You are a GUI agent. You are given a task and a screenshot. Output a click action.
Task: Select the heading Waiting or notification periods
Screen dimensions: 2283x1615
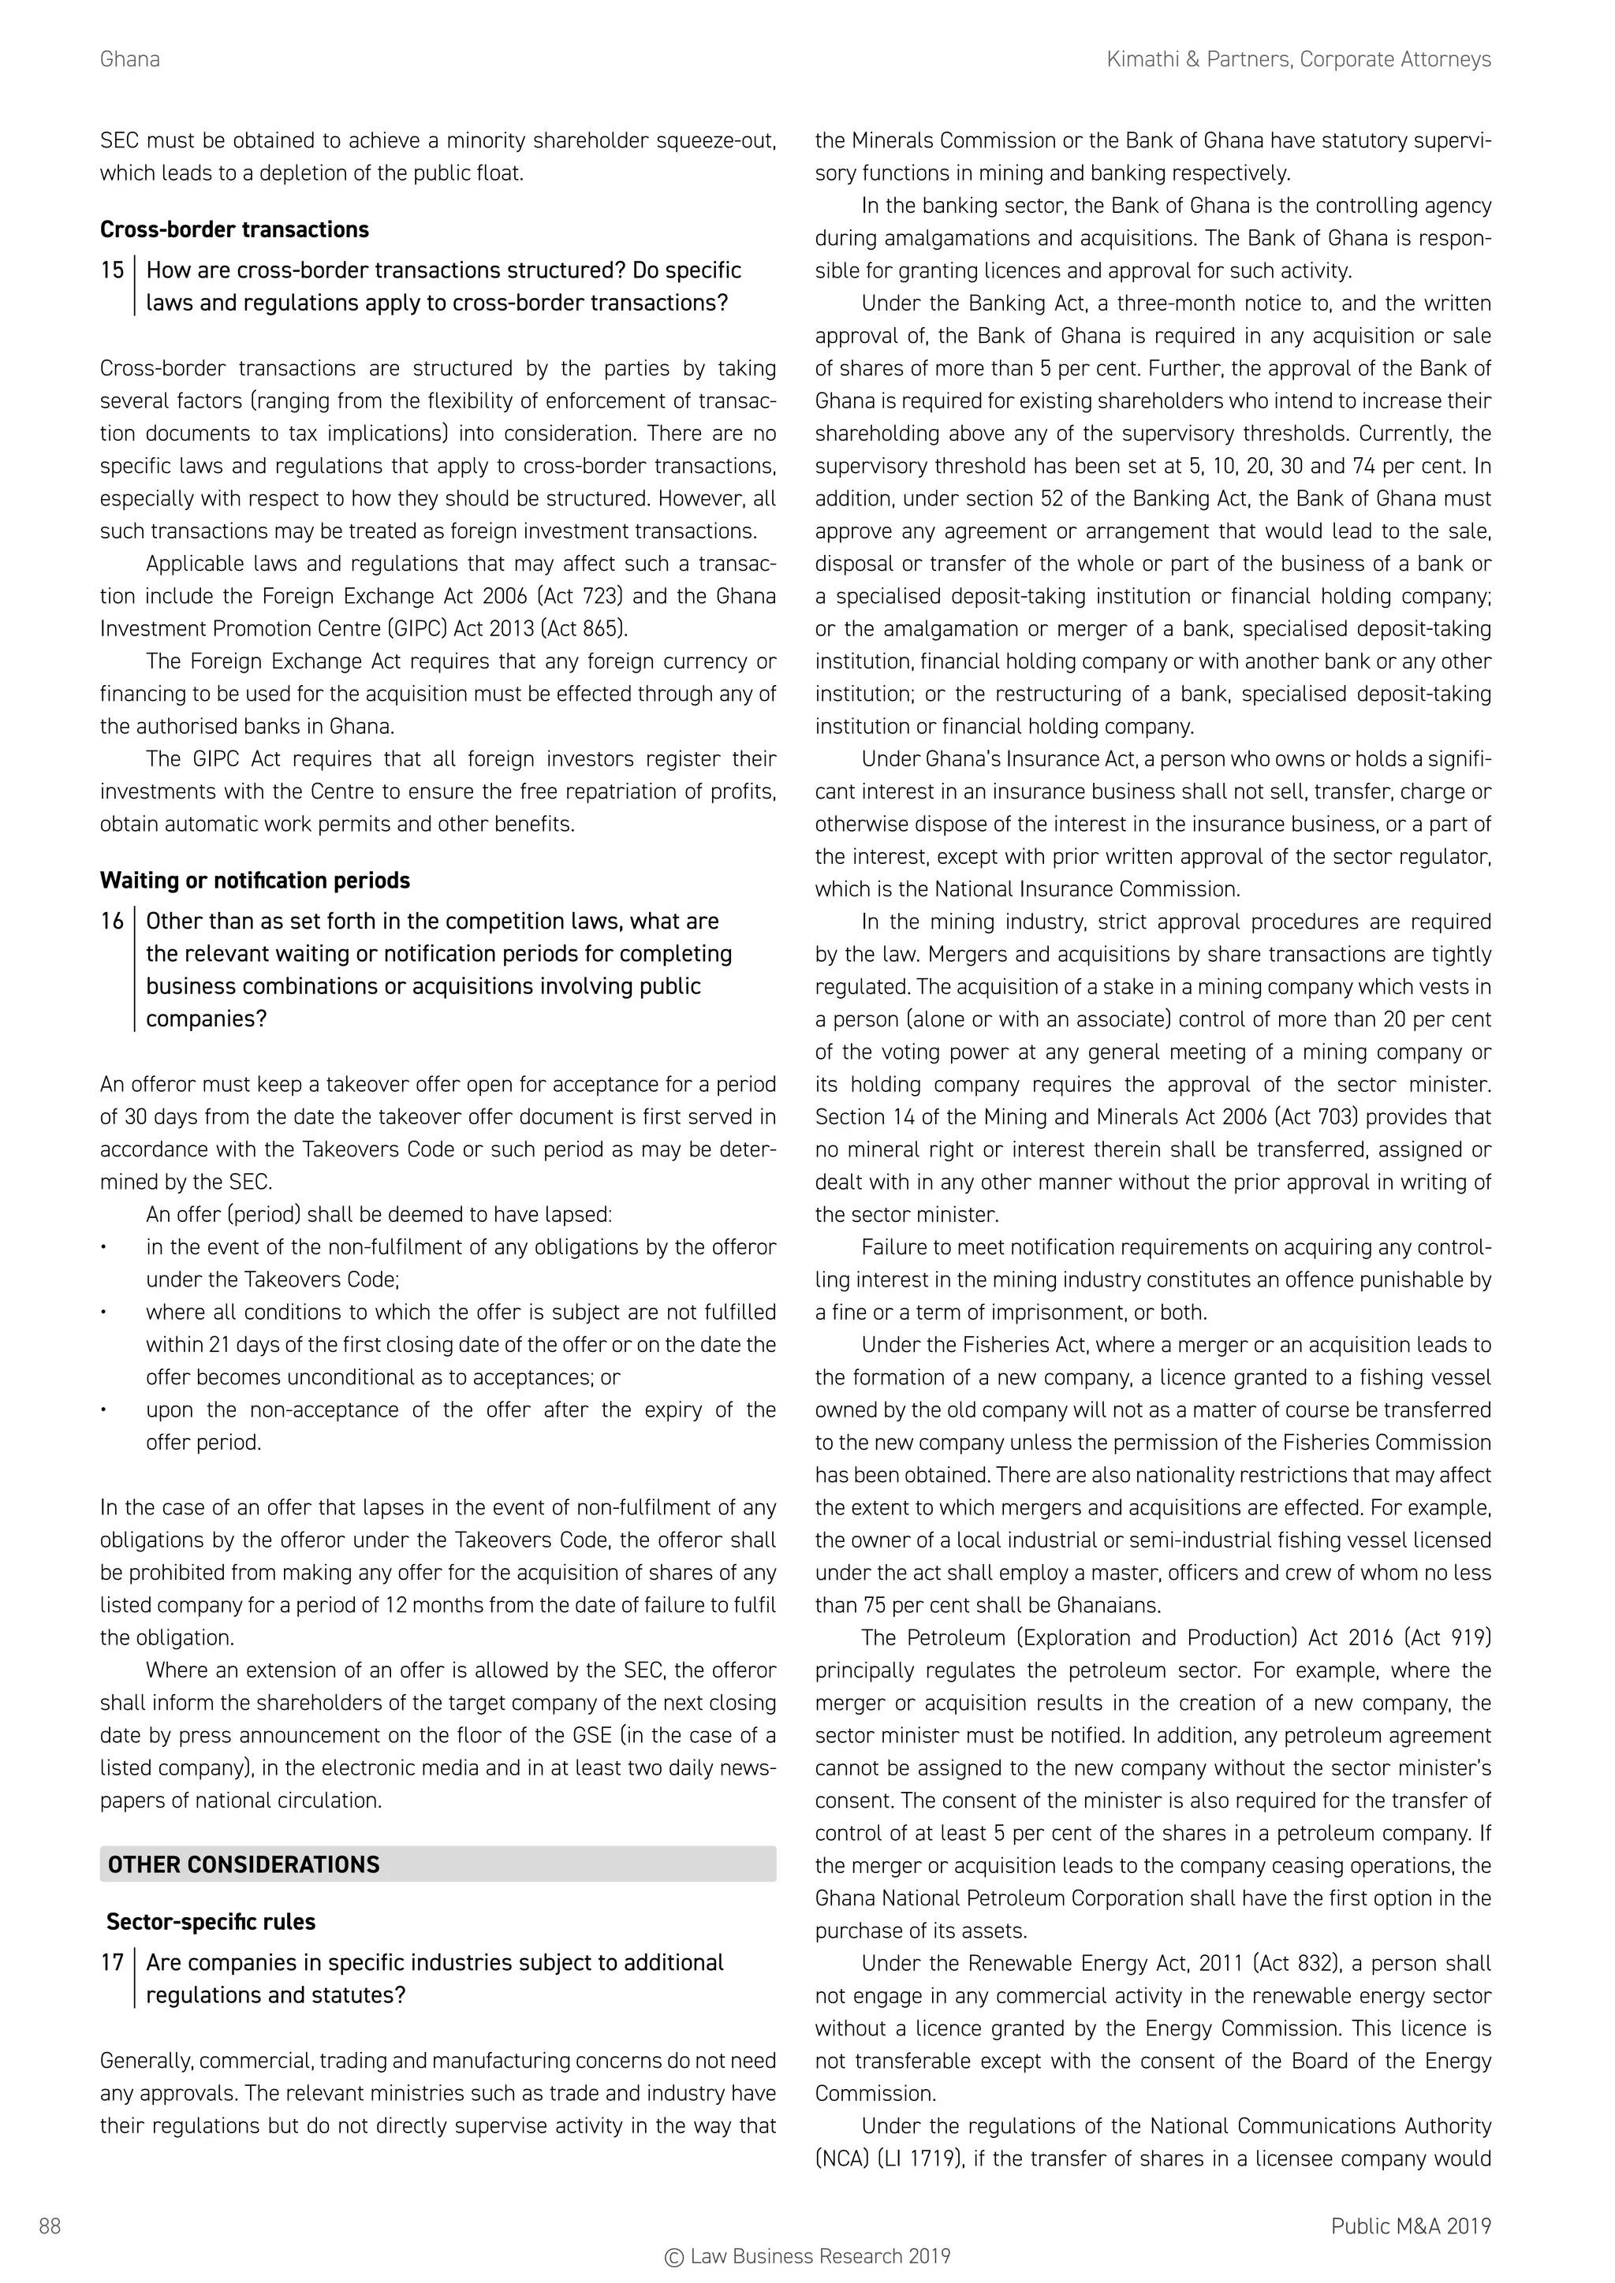(255, 881)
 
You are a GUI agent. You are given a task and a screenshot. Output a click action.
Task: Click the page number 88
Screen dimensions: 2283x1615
(50, 2226)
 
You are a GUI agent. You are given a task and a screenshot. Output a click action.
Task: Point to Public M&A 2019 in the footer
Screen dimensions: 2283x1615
(1410, 2226)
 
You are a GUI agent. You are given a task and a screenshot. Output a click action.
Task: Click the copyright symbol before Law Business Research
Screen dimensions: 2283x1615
(674, 2257)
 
